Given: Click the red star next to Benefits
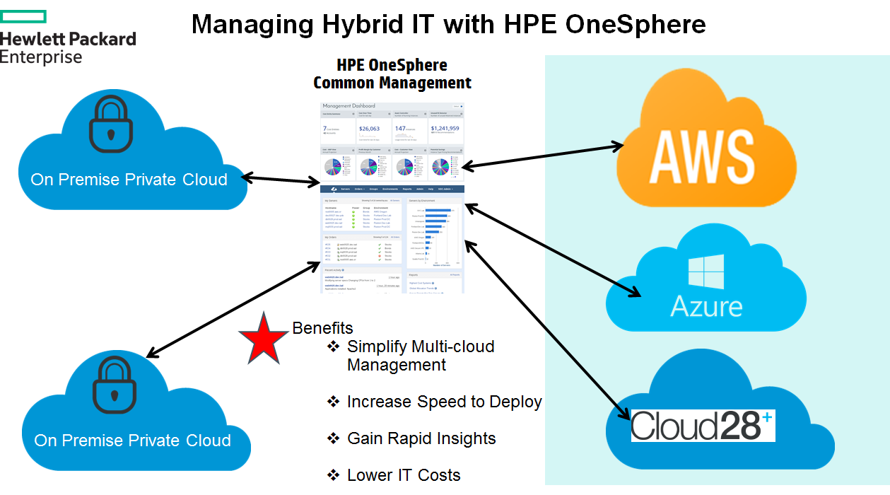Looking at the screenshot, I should click(263, 338).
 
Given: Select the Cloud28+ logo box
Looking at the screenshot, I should click(703, 426).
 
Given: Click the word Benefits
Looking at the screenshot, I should click(322, 328).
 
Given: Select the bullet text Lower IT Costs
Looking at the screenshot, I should click(404, 475).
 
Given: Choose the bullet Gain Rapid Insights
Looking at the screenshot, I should click(421, 438).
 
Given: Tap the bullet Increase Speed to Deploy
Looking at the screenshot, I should click(444, 402).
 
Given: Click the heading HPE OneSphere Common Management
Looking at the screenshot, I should click(392, 74).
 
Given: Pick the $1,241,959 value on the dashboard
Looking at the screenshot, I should click(445, 129).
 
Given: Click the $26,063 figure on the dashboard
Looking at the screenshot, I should click(369, 129).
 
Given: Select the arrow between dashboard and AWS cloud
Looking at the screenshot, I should click(541, 156).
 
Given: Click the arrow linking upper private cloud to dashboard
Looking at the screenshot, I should click(281, 179).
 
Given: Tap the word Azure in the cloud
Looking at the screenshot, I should click(706, 307).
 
